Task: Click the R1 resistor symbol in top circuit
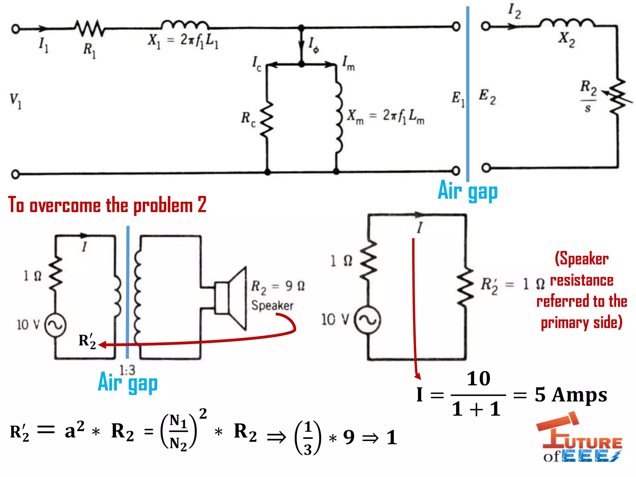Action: click(90, 28)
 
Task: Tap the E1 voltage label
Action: click(458, 99)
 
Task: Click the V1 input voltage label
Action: click(16, 101)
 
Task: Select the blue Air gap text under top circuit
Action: click(467, 191)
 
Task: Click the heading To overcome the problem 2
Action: click(107, 205)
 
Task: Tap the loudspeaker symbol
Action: click(231, 298)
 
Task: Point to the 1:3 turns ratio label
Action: click(127, 370)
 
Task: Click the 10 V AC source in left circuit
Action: click(55, 325)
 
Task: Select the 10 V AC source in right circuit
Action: click(368, 320)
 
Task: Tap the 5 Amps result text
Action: click(571, 395)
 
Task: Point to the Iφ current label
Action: click(314, 45)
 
